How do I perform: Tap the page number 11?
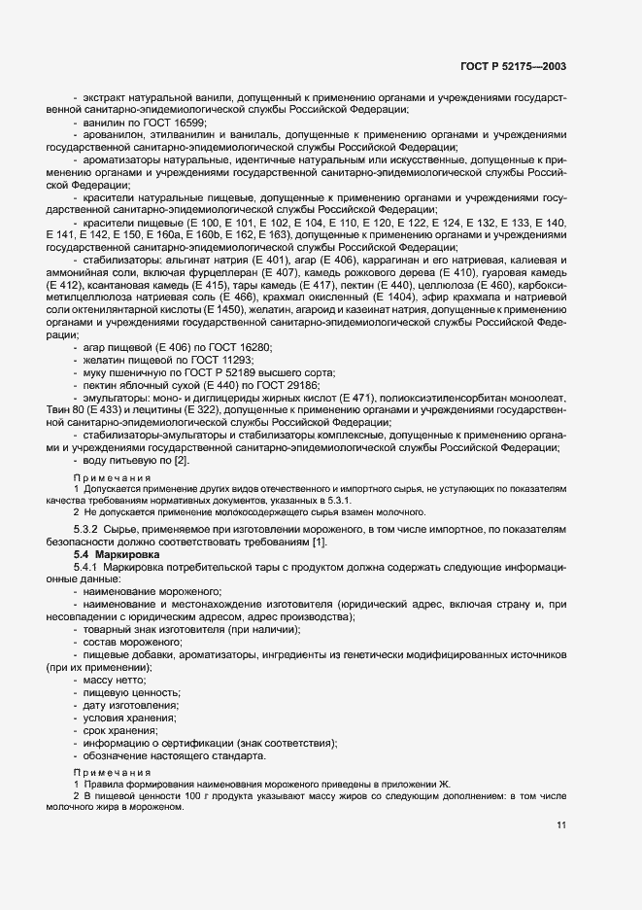coord(561,826)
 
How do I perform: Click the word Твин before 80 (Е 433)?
coord(62,411)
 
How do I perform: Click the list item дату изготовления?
coord(130,704)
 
